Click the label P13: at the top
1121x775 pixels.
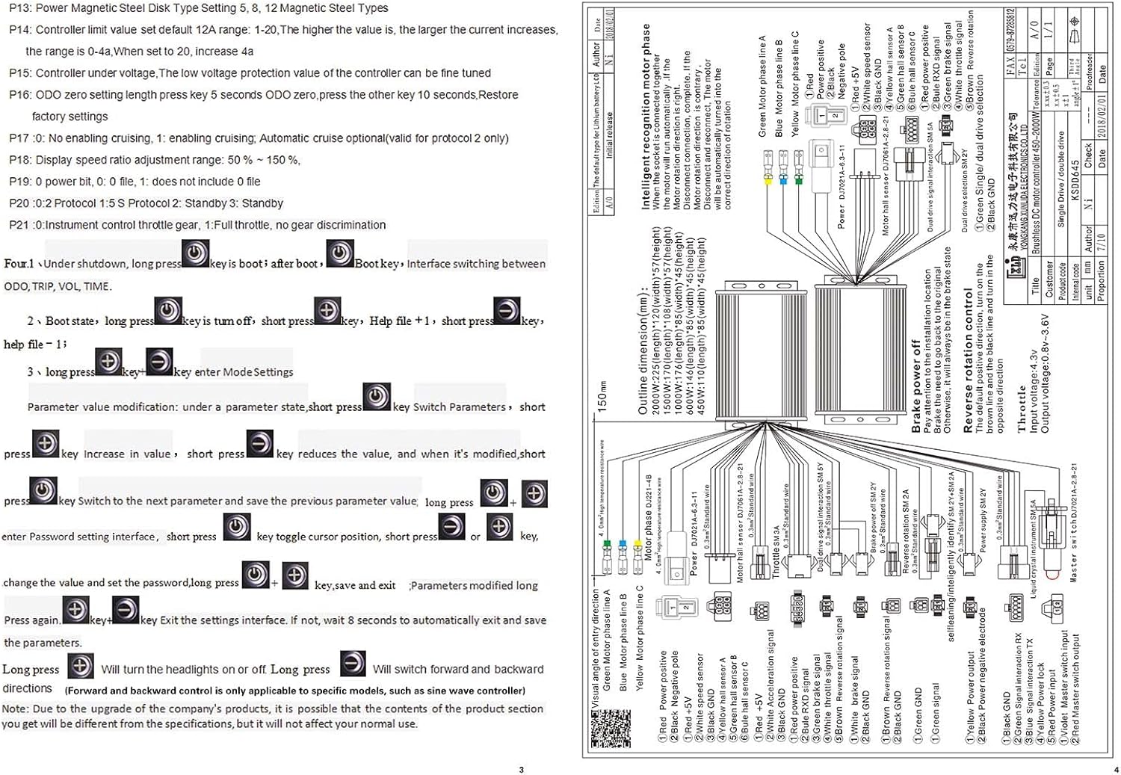(20, 8)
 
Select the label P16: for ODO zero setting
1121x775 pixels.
(20, 95)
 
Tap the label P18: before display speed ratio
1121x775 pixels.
(20, 160)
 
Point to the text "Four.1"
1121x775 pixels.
(19, 264)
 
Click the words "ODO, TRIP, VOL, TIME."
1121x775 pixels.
(58, 286)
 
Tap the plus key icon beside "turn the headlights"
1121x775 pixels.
(80, 665)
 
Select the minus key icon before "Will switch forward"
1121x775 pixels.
(353, 664)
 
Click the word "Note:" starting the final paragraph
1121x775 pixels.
(15, 708)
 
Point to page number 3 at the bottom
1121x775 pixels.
(521, 769)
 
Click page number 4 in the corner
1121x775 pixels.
(1116, 769)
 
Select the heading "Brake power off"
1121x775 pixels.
(916, 386)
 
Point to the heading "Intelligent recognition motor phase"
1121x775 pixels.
(646, 116)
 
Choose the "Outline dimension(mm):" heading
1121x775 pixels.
(643, 351)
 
